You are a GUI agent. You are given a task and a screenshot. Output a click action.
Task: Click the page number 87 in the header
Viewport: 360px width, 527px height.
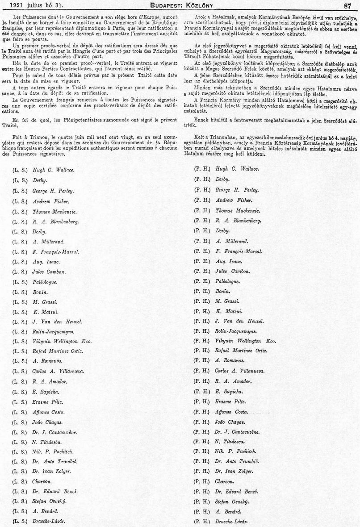pyautogui.click(x=348, y=5)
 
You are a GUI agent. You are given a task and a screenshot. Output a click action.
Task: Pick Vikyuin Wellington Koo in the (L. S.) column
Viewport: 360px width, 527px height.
pyautogui.click(x=62, y=342)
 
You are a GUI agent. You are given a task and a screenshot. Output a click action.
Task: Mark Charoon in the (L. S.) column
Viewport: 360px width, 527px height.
pyautogui.click(x=42, y=481)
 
